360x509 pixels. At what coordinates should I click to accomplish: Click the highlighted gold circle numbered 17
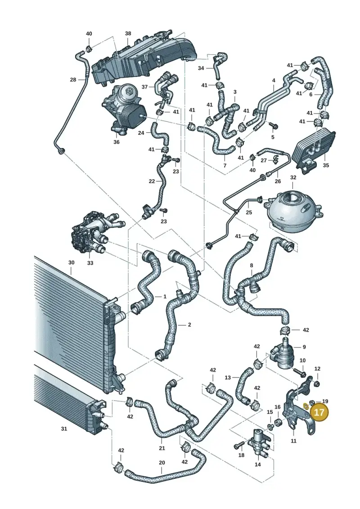[319, 412]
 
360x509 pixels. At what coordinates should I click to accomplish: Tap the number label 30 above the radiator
[72, 263]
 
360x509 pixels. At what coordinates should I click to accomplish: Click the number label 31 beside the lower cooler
[64, 429]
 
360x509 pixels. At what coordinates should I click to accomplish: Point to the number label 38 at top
[128, 33]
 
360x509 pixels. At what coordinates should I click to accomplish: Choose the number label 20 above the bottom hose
[162, 463]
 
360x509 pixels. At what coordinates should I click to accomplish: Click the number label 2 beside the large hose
[189, 324]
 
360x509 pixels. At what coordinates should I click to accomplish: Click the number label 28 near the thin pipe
[73, 80]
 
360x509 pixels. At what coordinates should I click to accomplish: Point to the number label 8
[251, 265]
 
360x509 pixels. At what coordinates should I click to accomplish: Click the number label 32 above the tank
[293, 178]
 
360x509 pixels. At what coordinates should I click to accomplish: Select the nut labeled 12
[318, 384]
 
